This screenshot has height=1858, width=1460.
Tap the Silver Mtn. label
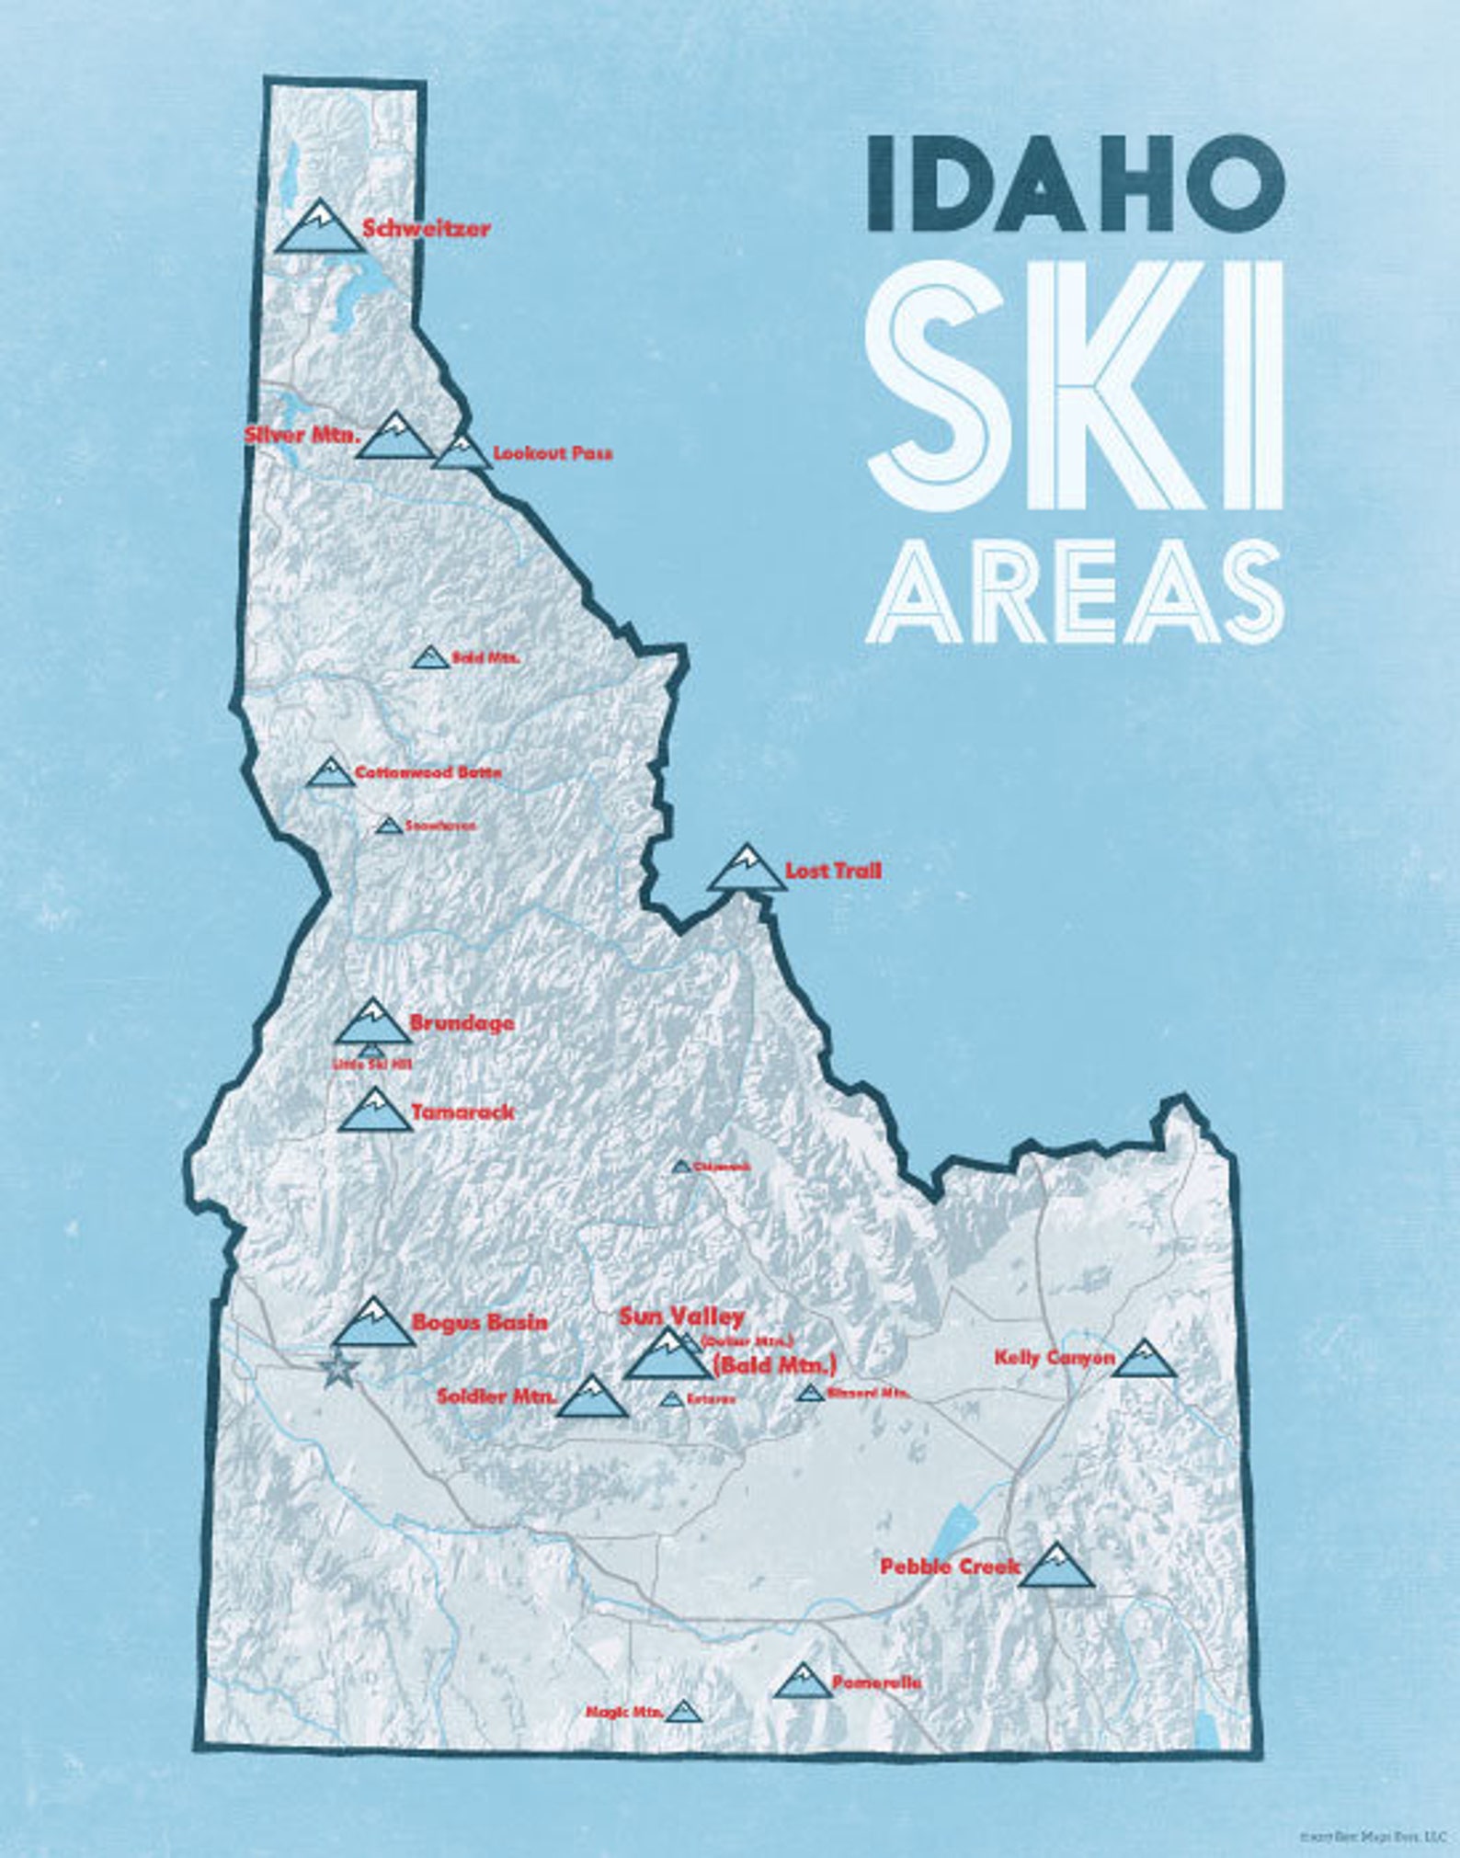point(301,435)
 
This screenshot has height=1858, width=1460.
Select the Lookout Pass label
point(553,453)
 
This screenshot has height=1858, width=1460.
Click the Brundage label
point(462,1022)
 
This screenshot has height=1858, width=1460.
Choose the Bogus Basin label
point(480,1322)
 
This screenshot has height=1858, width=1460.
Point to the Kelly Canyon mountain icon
point(1144,1359)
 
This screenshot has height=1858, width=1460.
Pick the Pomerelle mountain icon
point(803,1680)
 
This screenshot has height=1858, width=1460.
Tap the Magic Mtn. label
point(624,1712)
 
